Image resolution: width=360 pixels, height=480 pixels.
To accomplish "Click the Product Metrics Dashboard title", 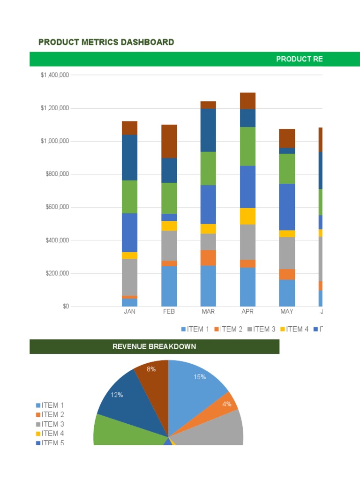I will click(x=106, y=42).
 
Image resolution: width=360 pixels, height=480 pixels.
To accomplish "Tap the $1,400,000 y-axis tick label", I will click(x=55, y=75).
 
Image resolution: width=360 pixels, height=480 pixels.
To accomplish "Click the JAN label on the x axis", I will click(x=129, y=312).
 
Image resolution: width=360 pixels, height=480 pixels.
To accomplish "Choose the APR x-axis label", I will click(x=247, y=312).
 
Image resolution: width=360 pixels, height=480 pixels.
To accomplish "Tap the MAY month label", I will click(x=287, y=312).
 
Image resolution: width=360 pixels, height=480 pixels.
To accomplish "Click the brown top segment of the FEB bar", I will click(x=169, y=141).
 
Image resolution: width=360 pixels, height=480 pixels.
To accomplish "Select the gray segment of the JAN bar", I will click(x=129, y=277).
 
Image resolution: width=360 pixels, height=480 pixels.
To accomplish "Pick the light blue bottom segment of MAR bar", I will click(x=208, y=286).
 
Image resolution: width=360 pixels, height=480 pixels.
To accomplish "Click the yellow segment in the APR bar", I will click(x=247, y=216).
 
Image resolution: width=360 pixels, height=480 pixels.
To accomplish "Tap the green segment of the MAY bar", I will click(x=287, y=168).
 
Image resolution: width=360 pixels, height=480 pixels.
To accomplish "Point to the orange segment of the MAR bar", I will click(x=208, y=258).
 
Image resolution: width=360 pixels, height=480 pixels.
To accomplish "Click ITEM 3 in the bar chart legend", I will click(x=264, y=329).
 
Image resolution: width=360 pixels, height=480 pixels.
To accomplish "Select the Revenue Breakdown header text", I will click(x=154, y=347).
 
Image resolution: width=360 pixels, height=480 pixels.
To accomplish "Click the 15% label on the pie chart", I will click(x=200, y=377).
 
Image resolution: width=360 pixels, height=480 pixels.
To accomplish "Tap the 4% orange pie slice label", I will click(x=227, y=404).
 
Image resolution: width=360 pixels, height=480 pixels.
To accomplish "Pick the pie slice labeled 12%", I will click(x=117, y=395).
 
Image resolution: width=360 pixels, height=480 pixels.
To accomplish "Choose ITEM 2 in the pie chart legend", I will click(x=53, y=414).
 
